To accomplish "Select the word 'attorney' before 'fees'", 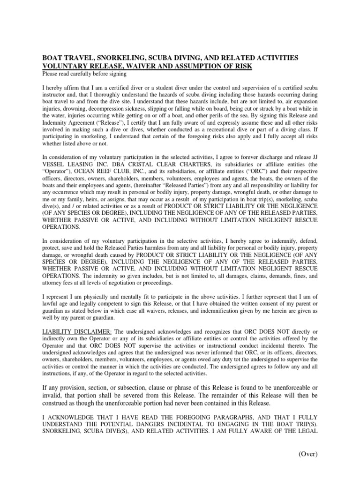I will coord(53,283).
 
